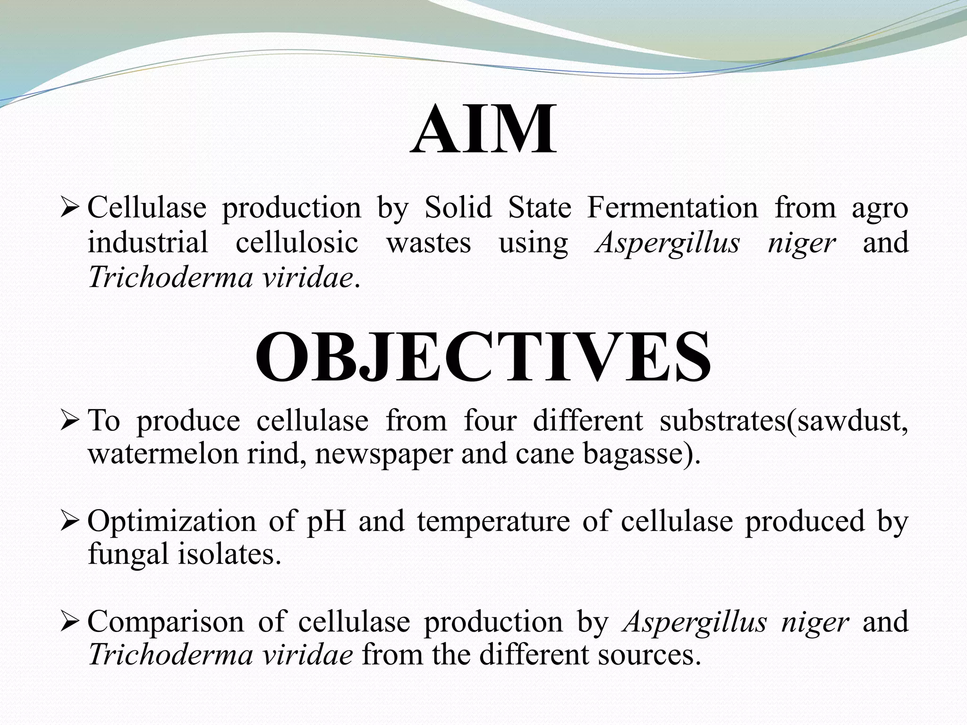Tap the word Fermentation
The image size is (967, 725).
[x=672, y=208]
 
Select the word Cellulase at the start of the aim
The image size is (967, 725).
[x=147, y=208]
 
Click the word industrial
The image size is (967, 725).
[x=148, y=243]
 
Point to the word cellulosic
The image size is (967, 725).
[x=297, y=243]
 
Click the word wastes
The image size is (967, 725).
[x=429, y=243]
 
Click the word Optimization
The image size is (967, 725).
[x=171, y=522]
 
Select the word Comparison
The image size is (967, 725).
[x=166, y=622]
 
